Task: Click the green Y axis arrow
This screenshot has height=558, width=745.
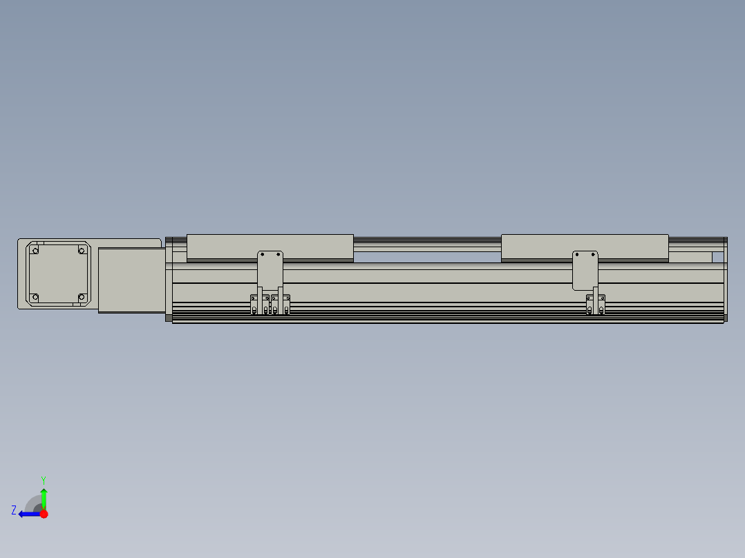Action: point(44,497)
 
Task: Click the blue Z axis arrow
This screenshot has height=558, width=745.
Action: point(28,514)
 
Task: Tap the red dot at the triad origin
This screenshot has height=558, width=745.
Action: point(44,514)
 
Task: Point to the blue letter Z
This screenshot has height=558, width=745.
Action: point(14,510)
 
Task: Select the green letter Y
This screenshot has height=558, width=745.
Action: point(43,479)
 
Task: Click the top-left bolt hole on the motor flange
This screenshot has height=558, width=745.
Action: point(36,250)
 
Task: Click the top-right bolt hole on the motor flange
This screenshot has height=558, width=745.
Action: point(81,250)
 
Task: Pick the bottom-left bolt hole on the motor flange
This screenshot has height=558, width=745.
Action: point(36,298)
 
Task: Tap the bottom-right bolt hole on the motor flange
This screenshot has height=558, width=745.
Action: point(81,298)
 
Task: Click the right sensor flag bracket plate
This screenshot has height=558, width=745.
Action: point(585,269)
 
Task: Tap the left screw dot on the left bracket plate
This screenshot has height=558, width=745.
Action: point(262,255)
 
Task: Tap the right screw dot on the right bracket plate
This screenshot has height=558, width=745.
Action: point(593,254)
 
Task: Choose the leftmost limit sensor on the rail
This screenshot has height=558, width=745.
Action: point(255,305)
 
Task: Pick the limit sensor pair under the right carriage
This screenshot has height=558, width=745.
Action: point(596,305)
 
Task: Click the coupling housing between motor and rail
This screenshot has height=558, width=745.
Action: point(131,280)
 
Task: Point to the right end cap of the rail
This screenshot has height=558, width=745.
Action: point(725,280)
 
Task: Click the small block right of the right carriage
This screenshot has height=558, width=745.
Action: point(690,257)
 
